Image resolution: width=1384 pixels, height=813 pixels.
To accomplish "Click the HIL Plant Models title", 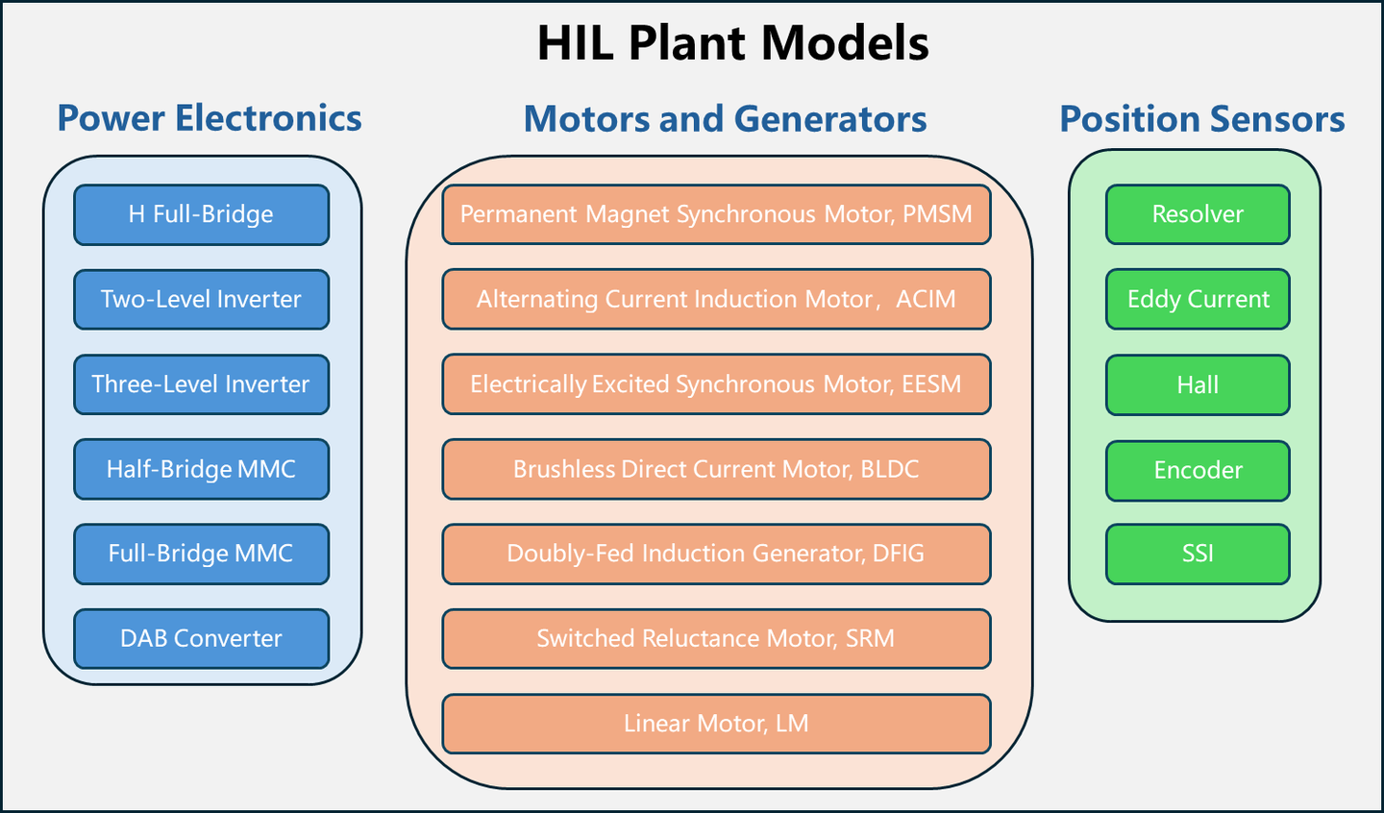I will tap(732, 43).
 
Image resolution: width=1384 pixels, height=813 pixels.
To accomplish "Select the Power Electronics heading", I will tap(210, 118).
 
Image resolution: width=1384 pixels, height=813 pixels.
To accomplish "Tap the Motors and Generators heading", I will tap(725, 119).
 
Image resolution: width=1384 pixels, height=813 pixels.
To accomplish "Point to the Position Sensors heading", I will tap(1201, 119).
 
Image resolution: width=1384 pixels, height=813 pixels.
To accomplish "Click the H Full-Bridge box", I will tap(201, 214).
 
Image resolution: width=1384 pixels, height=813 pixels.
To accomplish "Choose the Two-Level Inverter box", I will tap(201, 299).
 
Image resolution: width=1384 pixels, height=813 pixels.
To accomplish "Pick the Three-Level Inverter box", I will tap(201, 384).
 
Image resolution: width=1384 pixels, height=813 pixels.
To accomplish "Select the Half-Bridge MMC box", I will tap(201, 469).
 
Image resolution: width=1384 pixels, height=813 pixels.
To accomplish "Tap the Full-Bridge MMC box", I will tap(201, 554).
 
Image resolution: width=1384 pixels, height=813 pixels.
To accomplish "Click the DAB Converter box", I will tap(201, 638).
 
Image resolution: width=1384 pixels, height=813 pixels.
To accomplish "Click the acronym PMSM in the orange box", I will tap(937, 214).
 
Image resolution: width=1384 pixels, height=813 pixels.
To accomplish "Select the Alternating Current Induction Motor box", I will tap(716, 299).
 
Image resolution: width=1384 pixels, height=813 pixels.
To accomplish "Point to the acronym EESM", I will tap(931, 384).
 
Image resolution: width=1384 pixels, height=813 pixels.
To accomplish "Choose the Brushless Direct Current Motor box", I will tap(716, 469).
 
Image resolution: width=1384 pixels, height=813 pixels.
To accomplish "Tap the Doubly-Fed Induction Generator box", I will tap(716, 554).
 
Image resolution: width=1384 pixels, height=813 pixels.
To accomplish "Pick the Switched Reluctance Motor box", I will tap(716, 638).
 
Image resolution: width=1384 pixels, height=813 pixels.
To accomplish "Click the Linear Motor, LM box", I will tap(716, 724).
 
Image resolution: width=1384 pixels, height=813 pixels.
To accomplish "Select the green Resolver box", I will tap(1198, 214).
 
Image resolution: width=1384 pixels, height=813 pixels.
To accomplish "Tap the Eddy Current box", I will tap(1198, 299).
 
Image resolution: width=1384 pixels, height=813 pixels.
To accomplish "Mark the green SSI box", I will tap(1198, 554).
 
